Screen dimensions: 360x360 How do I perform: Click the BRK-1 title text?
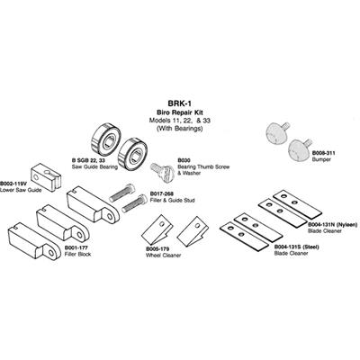(x=180, y=103)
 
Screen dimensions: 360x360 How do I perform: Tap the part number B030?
(x=184, y=160)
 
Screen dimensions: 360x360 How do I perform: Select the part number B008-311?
(x=323, y=153)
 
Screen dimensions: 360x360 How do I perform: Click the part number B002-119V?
(x=13, y=184)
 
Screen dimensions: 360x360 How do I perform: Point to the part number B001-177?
(x=76, y=248)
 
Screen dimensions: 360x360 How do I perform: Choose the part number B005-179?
(x=157, y=249)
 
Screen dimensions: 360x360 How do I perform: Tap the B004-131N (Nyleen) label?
(x=333, y=225)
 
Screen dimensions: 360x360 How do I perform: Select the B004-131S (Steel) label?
(x=296, y=247)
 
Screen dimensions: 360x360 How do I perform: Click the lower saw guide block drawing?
(x=46, y=177)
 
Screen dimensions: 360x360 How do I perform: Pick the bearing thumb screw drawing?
(x=163, y=172)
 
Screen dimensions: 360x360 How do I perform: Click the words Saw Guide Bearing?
(x=94, y=166)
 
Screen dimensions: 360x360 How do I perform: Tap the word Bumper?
(x=321, y=159)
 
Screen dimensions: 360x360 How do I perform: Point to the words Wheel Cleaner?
(x=164, y=256)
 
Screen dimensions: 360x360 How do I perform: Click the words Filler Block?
(x=77, y=255)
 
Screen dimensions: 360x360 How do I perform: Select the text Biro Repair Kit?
(x=180, y=112)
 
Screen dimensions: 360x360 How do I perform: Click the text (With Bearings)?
(x=180, y=129)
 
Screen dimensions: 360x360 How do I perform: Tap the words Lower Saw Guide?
(x=21, y=190)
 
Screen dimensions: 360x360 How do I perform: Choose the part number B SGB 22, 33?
(x=86, y=160)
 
